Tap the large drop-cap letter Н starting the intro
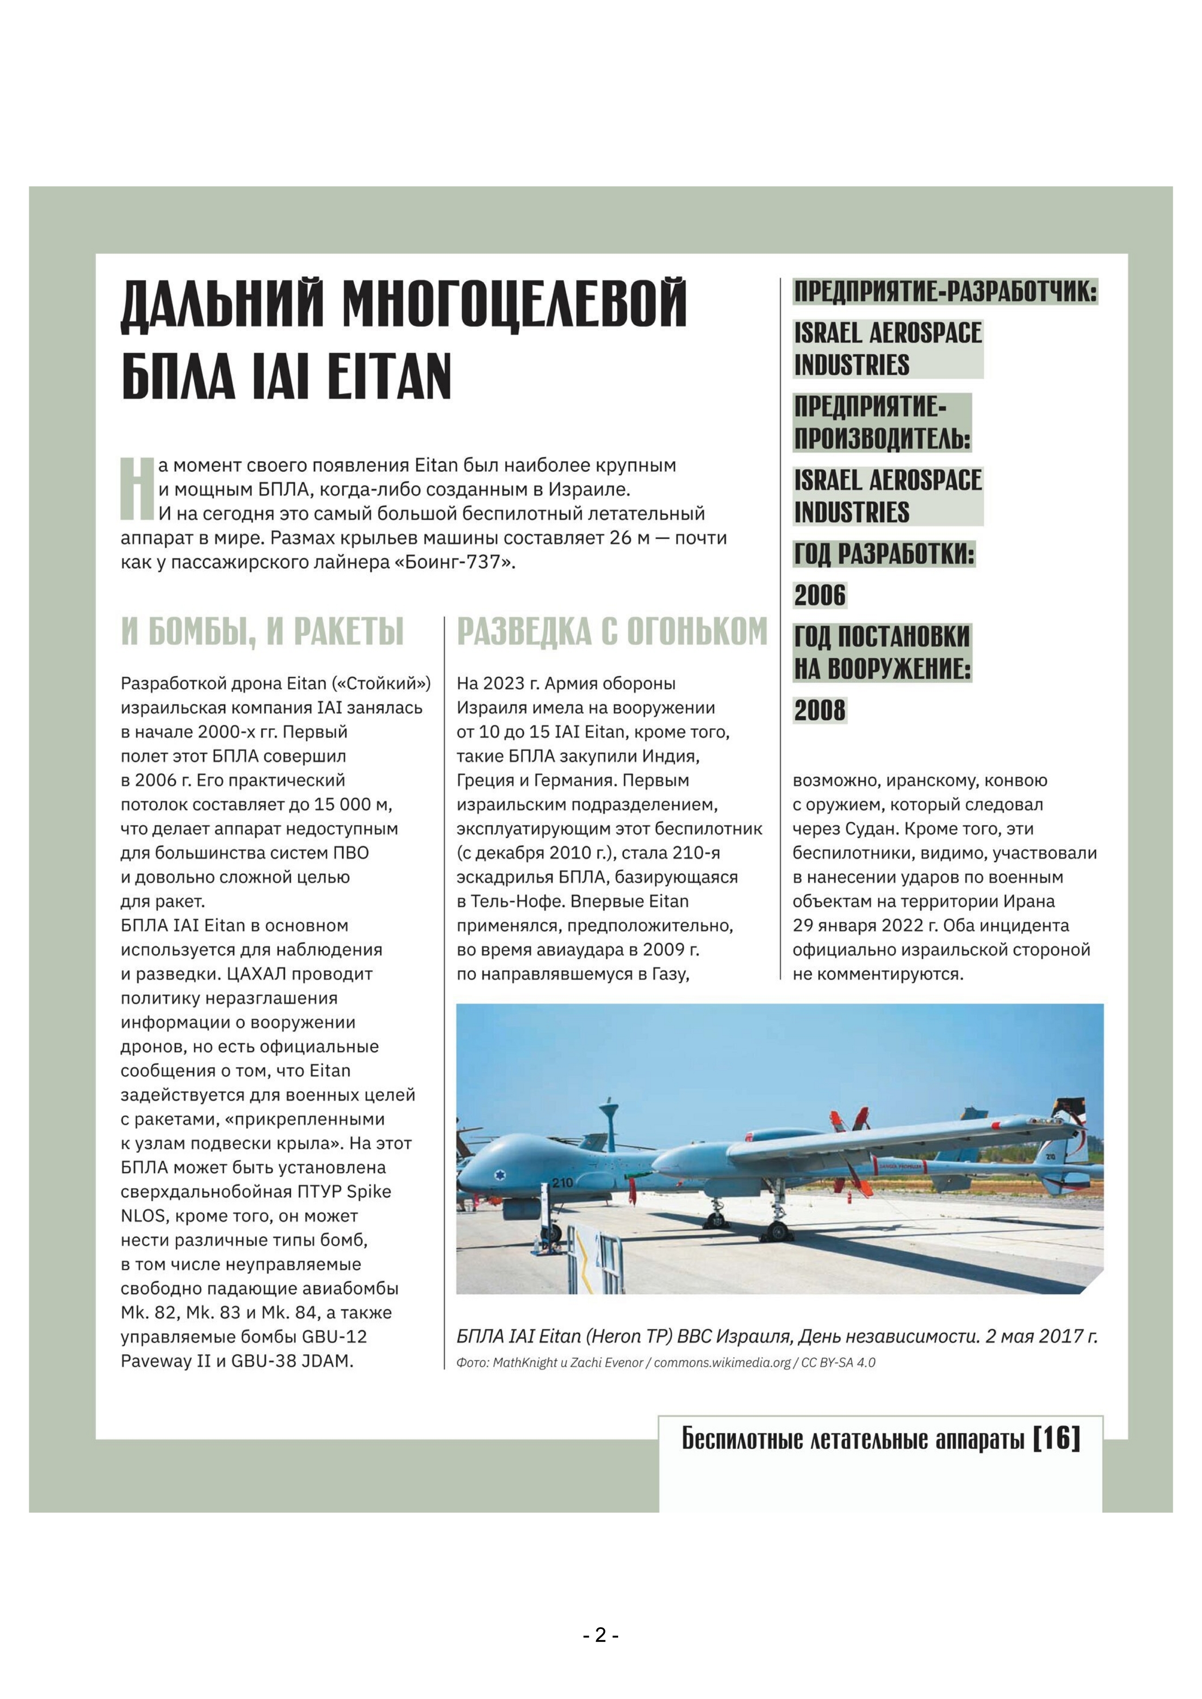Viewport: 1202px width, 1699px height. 137,489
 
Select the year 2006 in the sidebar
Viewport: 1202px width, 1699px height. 819,595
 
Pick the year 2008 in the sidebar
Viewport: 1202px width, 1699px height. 819,710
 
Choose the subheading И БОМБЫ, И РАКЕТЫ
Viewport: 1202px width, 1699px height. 262,632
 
